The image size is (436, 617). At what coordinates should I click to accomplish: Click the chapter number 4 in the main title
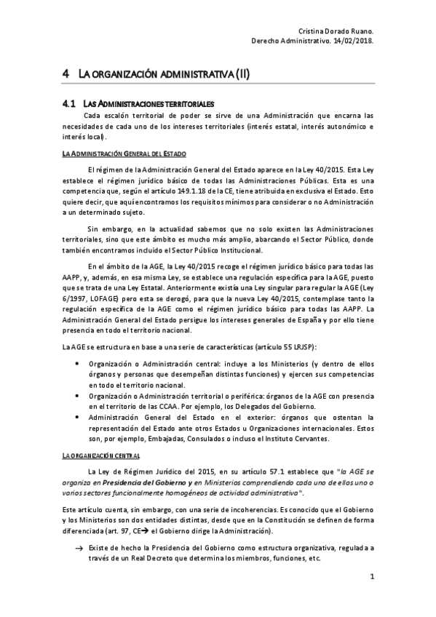pyautogui.click(x=66, y=74)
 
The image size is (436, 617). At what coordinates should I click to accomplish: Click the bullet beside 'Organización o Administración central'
pyautogui.click(x=77, y=363)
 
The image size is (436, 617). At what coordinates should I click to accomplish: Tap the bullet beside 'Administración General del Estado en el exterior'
pyautogui.click(x=77, y=417)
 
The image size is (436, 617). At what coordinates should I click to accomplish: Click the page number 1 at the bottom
pyautogui.click(x=371, y=578)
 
